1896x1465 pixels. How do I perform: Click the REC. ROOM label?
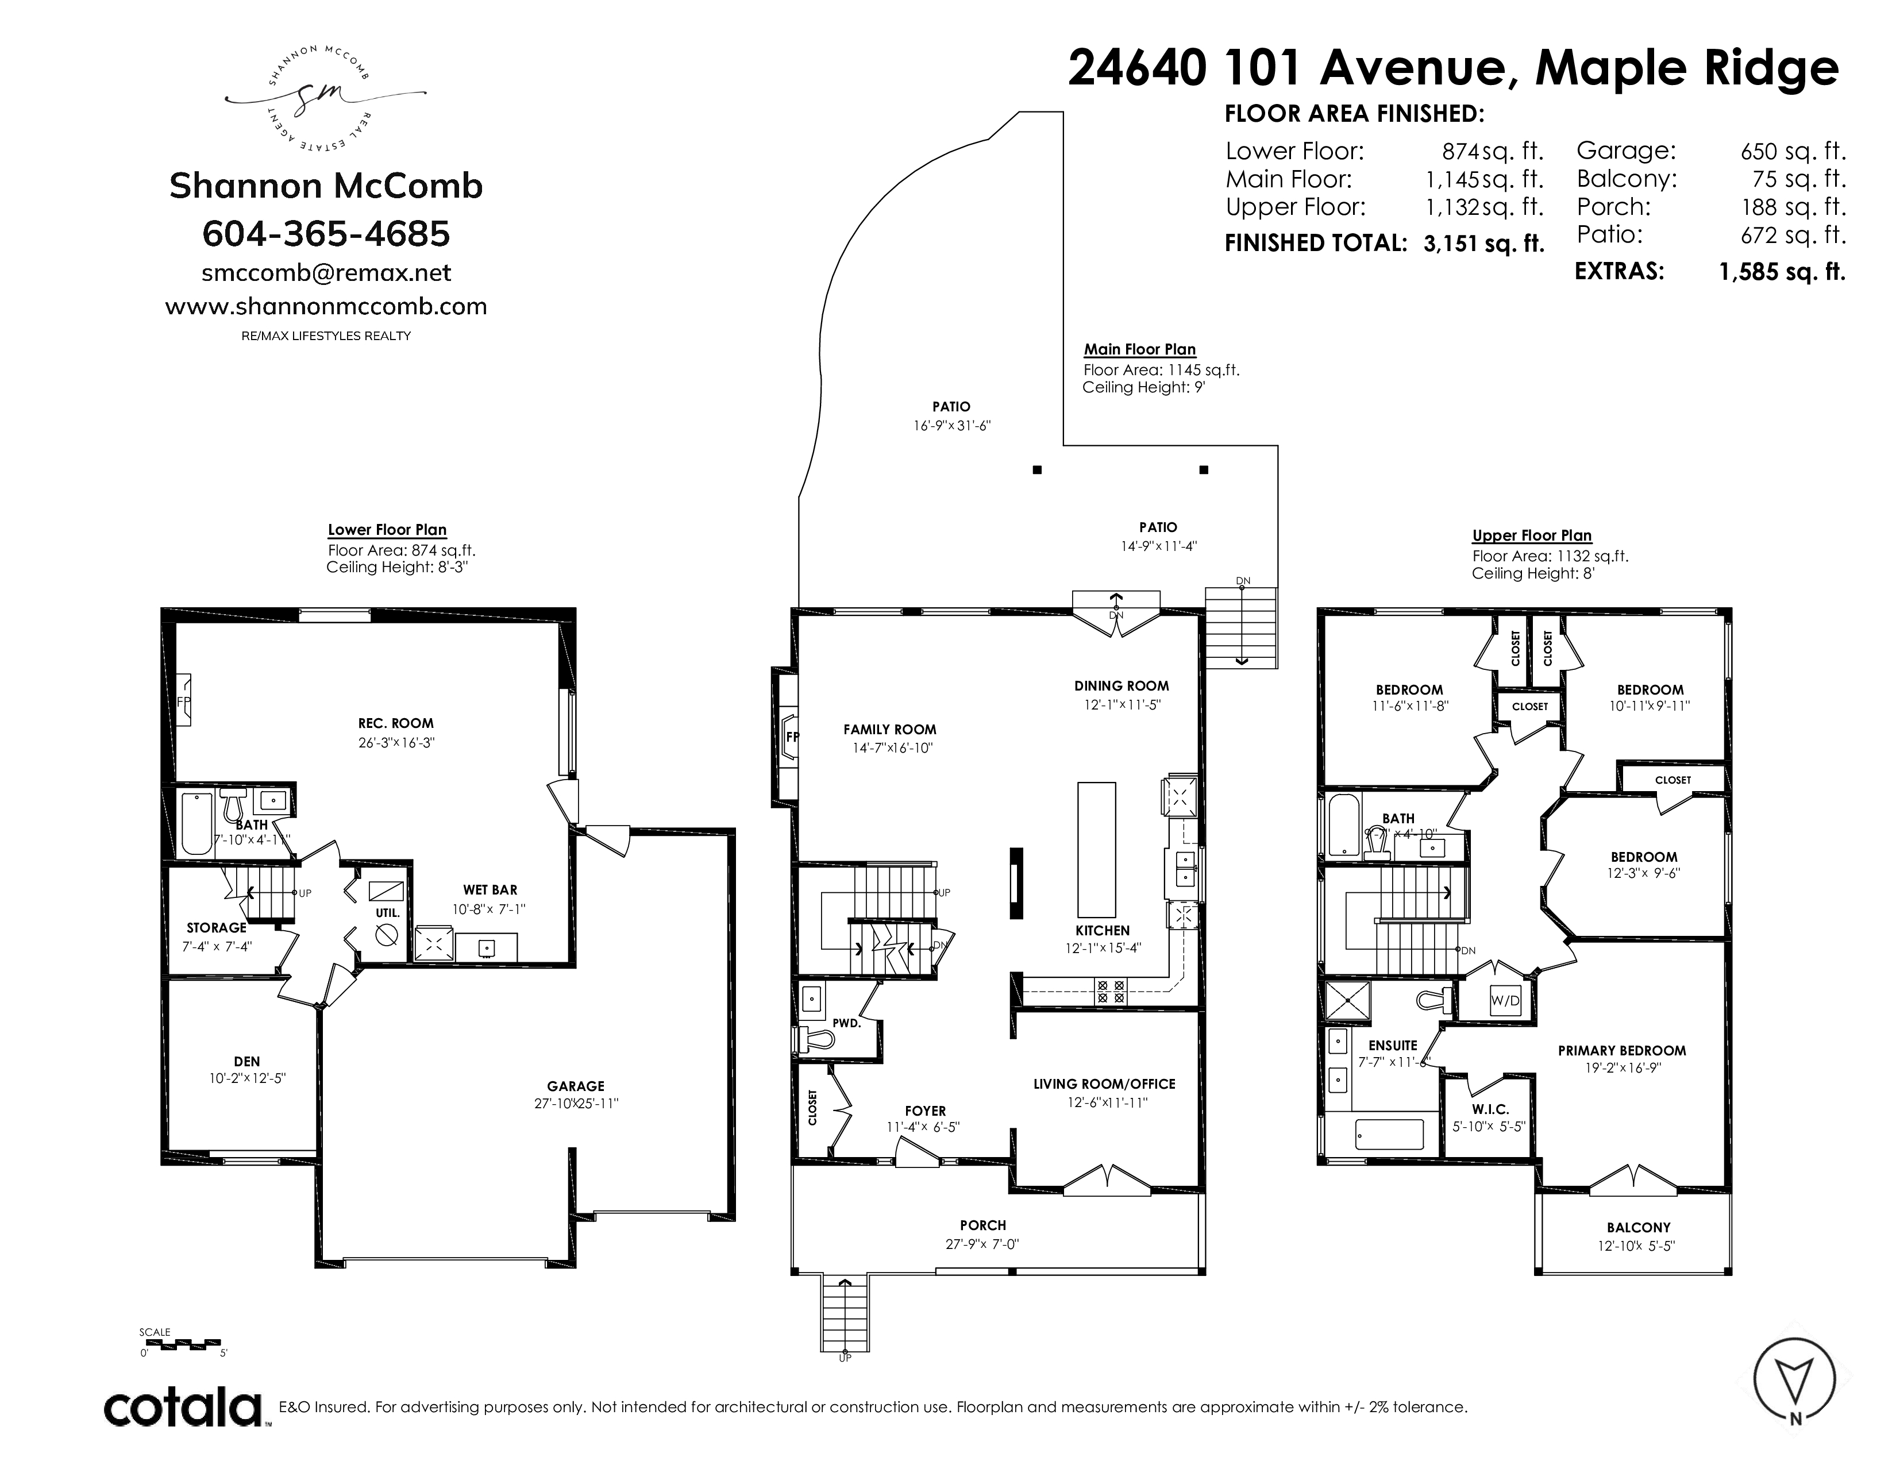point(395,723)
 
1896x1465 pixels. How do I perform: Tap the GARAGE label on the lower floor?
point(576,1086)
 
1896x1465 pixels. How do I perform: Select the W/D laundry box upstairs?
point(1505,1000)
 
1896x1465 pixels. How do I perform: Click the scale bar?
point(180,1344)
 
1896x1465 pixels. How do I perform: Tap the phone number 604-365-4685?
point(326,233)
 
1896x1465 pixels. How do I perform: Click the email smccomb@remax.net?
point(326,272)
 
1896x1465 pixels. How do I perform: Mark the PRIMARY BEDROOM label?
point(1622,1050)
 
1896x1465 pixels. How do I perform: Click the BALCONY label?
point(1638,1227)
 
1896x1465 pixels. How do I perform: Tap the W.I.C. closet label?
point(1490,1109)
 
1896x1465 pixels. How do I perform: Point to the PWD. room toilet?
point(814,1038)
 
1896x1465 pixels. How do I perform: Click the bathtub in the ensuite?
point(1389,1134)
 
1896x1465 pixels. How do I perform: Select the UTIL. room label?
point(388,913)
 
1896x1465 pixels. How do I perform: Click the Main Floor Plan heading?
point(1140,349)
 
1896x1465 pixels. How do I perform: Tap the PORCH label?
point(982,1225)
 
